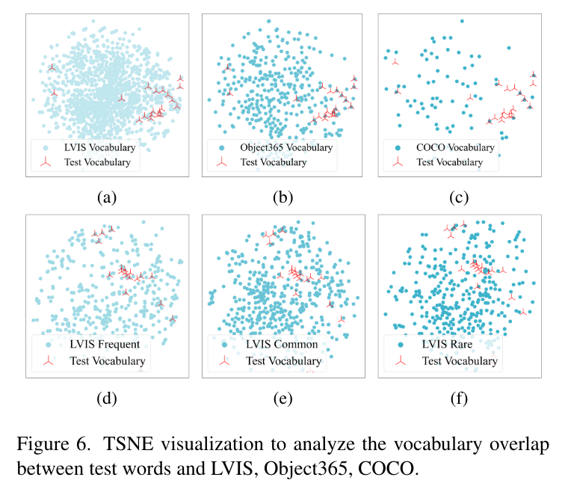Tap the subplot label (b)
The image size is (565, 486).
(x=282, y=197)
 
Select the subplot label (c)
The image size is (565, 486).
(x=459, y=197)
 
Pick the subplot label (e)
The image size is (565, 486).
(x=282, y=397)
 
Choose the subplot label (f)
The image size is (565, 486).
(x=459, y=397)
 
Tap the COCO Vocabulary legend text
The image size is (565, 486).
(x=455, y=147)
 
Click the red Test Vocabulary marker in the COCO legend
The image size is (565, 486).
(x=398, y=162)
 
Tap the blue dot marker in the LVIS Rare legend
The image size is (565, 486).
(x=398, y=345)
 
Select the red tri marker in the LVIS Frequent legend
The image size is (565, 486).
(x=46, y=361)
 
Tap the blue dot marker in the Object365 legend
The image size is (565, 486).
(x=222, y=147)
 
